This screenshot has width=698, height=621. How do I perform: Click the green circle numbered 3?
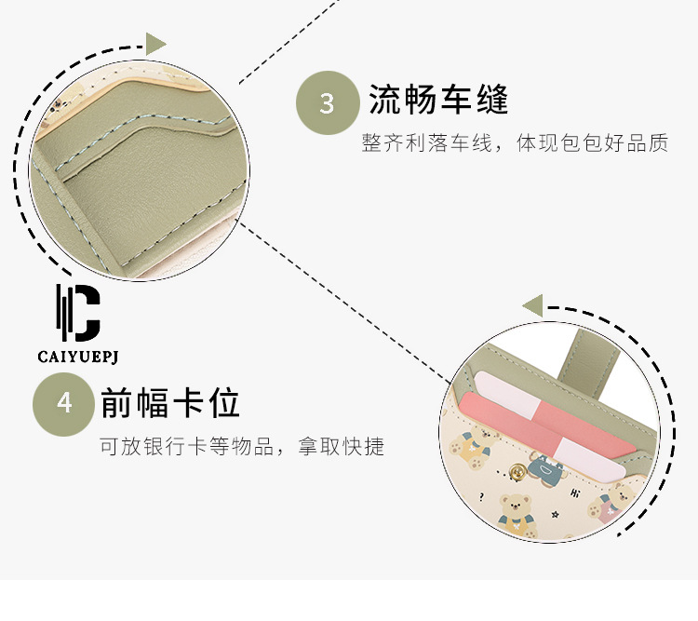pyautogui.click(x=327, y=102)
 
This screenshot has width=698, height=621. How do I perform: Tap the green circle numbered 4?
pyautogui.click(x=64, y=403)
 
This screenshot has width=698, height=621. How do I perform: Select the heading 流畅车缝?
pyautogui.click(x=438, y=99)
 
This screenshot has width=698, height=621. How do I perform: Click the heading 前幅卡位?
pyautogui.click(x=170, y=403)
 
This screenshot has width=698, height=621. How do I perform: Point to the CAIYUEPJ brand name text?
pyautogui.click(x=77, y=356)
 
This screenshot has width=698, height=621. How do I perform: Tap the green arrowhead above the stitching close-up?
pyautogui.click(x=155, y=43)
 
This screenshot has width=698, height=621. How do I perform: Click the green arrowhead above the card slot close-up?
pyautogui.click(x=532, y=304)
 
